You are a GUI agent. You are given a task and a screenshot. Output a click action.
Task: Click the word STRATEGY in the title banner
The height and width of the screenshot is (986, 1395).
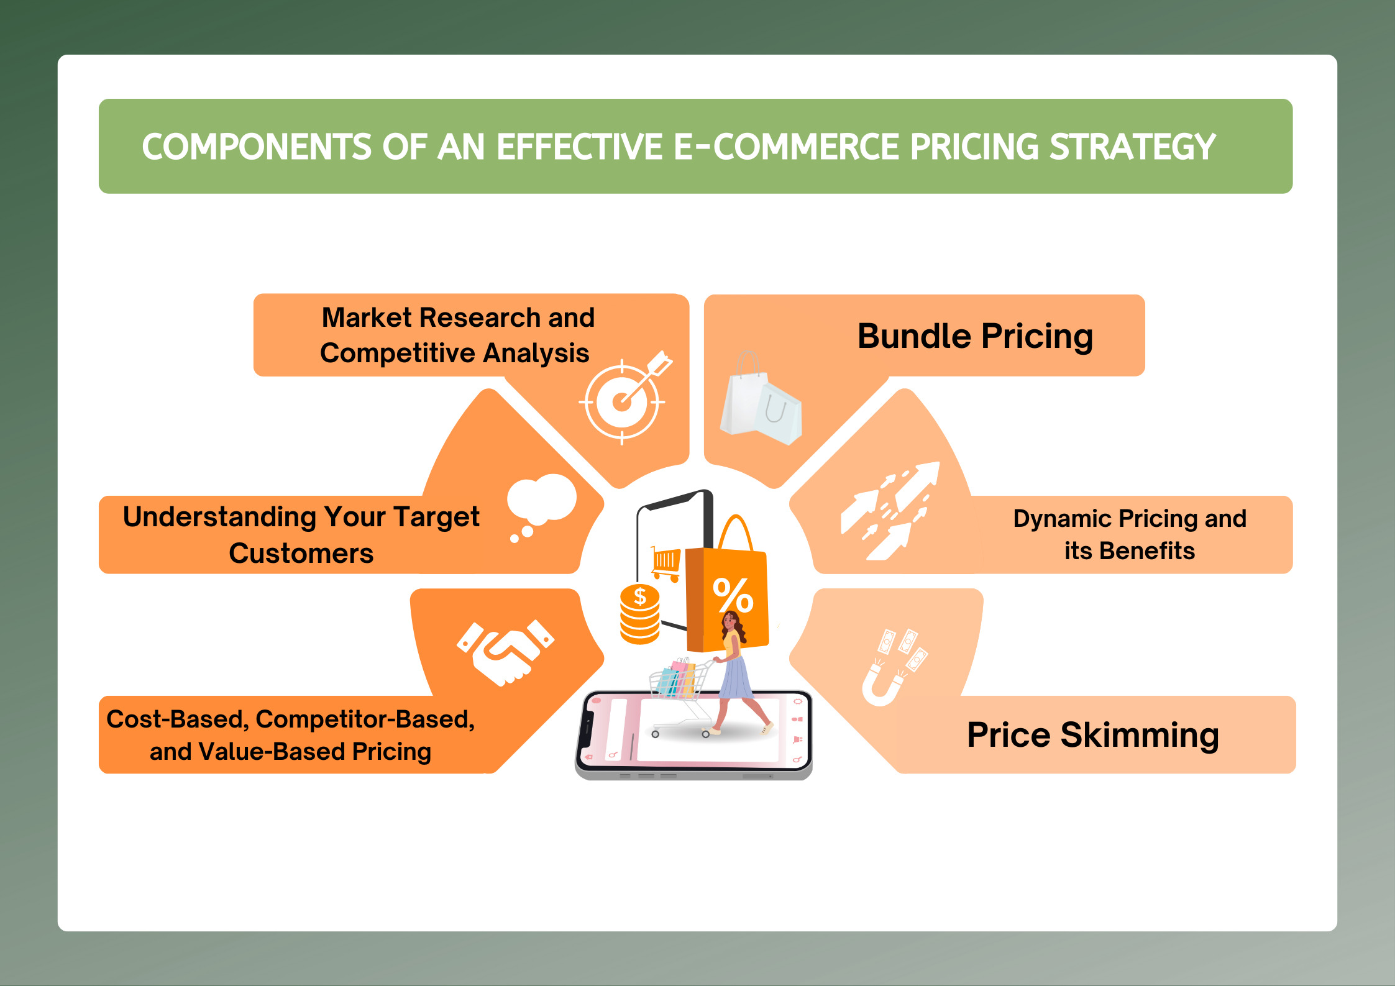pos(1132,147)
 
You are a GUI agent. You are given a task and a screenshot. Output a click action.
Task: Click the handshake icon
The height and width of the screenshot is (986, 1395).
pos(505,652)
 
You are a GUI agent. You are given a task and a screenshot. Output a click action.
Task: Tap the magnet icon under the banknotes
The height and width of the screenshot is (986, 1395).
pos(882,684)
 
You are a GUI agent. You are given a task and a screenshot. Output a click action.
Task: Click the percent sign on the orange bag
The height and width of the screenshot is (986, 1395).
pos(733,595)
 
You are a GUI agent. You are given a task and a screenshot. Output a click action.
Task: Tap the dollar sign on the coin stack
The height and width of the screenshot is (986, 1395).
pos(640,596)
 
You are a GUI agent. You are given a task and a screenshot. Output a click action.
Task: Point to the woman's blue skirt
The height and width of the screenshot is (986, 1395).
pos(735,677)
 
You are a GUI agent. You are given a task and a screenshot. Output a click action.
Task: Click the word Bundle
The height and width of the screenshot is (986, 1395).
pos(914,336)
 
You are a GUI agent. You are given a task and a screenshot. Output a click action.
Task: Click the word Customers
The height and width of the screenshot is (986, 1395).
pos(301,553)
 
